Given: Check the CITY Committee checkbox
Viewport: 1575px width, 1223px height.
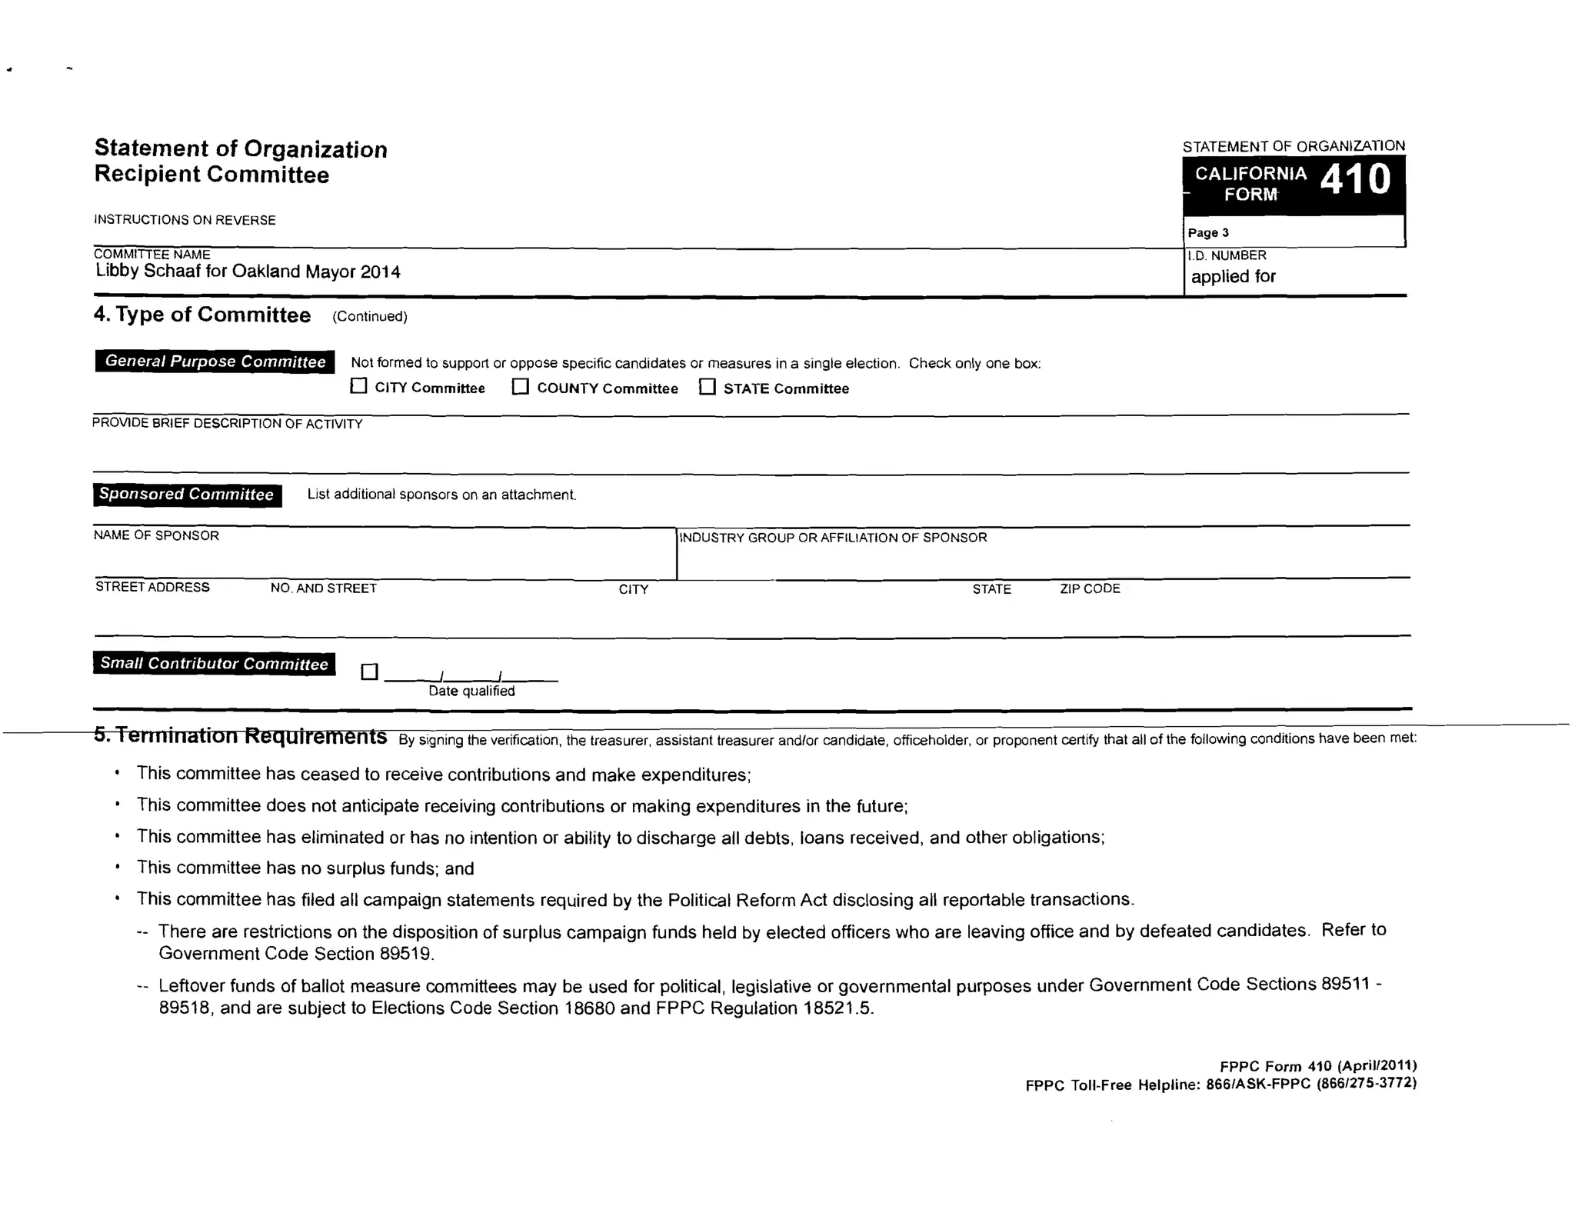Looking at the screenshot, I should [358, 386].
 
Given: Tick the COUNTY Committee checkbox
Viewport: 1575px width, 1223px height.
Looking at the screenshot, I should [521, 386].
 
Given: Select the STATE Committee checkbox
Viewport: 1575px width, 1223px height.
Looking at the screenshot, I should [708, 386].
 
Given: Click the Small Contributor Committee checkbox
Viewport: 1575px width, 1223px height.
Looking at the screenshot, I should [370, 672].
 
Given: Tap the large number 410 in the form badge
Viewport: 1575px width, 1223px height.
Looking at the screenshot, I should [1355, 180].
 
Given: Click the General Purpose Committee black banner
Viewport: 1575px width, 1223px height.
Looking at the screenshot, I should [215, 362].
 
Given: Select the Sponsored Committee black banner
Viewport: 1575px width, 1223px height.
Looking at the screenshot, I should [187, 495].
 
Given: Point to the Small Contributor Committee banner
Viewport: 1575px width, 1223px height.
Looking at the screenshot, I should [214, 664].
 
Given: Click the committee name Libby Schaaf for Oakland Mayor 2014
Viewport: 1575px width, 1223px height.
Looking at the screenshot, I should [248, 272].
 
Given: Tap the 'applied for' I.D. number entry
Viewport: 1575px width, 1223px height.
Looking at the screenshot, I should [1233, 277].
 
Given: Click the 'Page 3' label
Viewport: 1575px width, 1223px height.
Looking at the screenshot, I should [1208, 233].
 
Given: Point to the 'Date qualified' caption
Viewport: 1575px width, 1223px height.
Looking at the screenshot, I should [471, 691].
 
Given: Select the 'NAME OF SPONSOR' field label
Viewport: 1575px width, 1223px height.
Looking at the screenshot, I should [156, 535].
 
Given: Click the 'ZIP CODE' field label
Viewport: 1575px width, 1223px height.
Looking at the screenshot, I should [1090, 589].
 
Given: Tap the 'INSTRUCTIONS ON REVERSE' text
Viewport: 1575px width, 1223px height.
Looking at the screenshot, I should [185, 220].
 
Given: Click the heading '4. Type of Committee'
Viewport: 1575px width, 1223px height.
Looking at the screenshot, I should [202, 315].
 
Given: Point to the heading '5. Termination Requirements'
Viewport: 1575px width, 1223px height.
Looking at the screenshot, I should [240, 736].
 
